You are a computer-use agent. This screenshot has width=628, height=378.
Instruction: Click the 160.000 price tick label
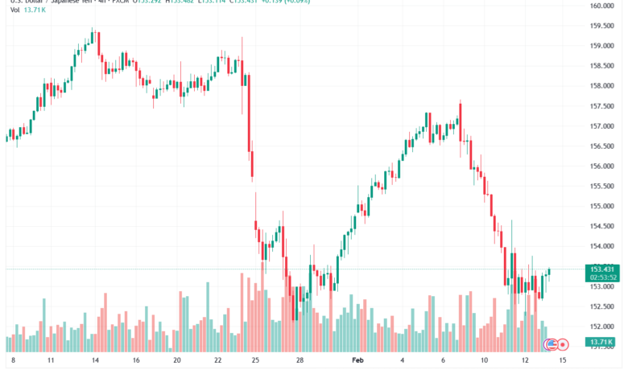click(x=601, y=6)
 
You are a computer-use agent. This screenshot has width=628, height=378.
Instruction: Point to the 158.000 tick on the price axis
click(x=601, y=86)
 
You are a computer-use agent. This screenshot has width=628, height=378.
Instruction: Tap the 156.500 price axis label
click(x=601, y=146)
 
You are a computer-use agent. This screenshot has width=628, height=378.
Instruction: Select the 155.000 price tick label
click(x=601, y=207)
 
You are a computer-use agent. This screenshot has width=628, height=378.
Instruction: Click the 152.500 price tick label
click(x=601, y=306)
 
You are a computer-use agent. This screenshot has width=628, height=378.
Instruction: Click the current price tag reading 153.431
click(x=603, y=269)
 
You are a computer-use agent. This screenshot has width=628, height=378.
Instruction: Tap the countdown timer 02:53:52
click(x=603, y=277)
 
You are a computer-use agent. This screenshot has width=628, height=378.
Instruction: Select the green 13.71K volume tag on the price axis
click(x=602, y=343)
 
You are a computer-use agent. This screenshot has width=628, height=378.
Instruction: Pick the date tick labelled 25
click(x=256, y=362)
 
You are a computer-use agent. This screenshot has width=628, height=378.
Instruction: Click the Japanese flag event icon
click(x=563, y=344)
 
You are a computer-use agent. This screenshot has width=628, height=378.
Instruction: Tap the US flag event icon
click(x=552, y=344)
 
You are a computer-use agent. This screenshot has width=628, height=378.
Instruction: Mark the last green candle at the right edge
click(x=549, y=272)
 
